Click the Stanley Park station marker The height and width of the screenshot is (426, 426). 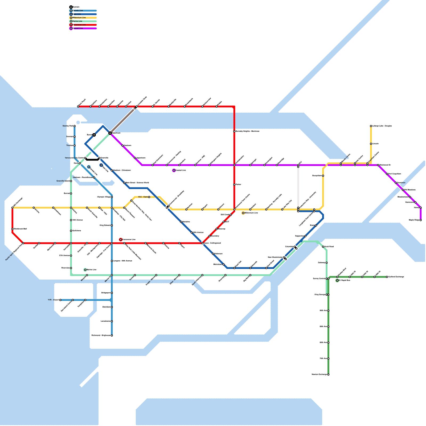(75, 126)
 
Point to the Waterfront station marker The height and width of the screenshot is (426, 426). (110, 133)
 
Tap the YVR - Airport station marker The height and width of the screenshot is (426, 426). (60, 300)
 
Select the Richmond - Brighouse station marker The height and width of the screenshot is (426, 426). (112, 335)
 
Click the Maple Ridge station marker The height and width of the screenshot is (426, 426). (421, 220)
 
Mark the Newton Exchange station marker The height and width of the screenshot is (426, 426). (328, 375)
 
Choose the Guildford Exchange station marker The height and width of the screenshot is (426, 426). (387, 277)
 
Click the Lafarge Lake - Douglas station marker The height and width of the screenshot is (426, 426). (371, 126)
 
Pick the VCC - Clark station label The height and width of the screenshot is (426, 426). (143, 197)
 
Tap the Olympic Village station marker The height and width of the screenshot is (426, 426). (112, 197)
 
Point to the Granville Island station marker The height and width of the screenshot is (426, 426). (71, 181)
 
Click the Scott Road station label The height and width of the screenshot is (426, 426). (329, 247)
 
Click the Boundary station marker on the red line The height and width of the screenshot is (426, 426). (210, 236)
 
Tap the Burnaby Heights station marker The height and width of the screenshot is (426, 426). (234, 131)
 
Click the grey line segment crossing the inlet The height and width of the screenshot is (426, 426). (122, 120)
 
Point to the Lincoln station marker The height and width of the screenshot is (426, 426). (371, 144)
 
